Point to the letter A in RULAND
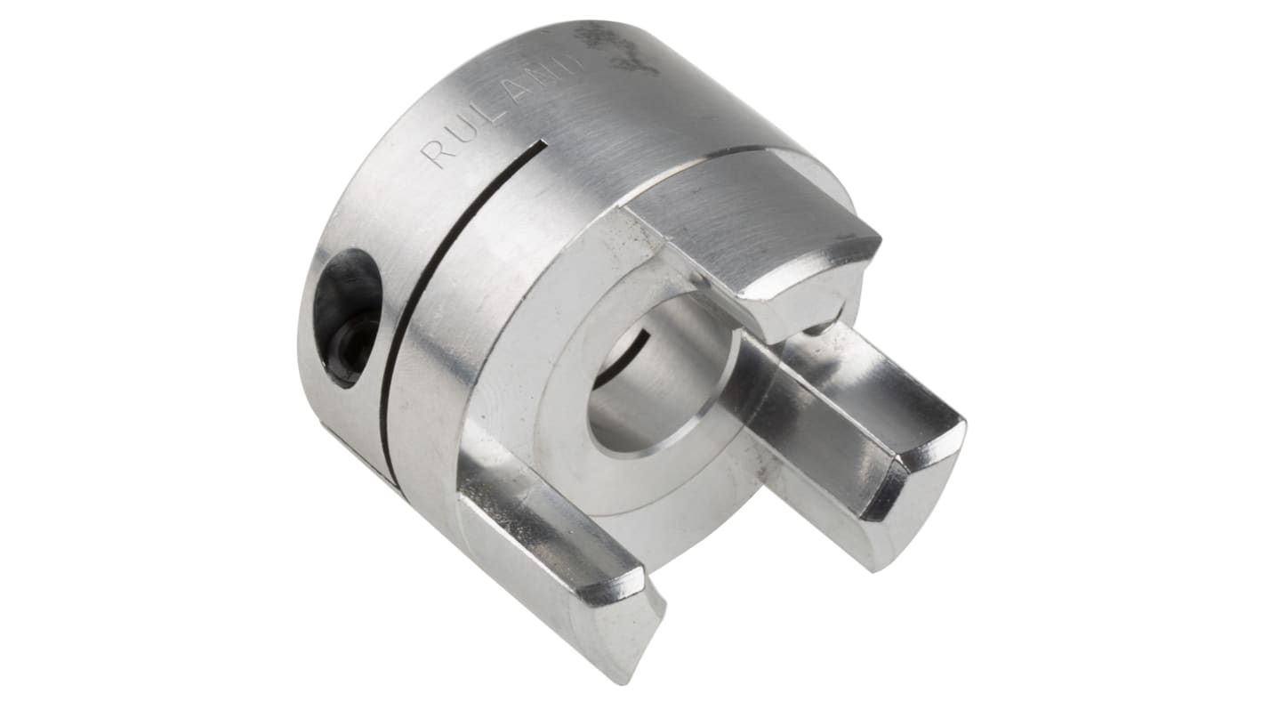click(519, 92)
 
